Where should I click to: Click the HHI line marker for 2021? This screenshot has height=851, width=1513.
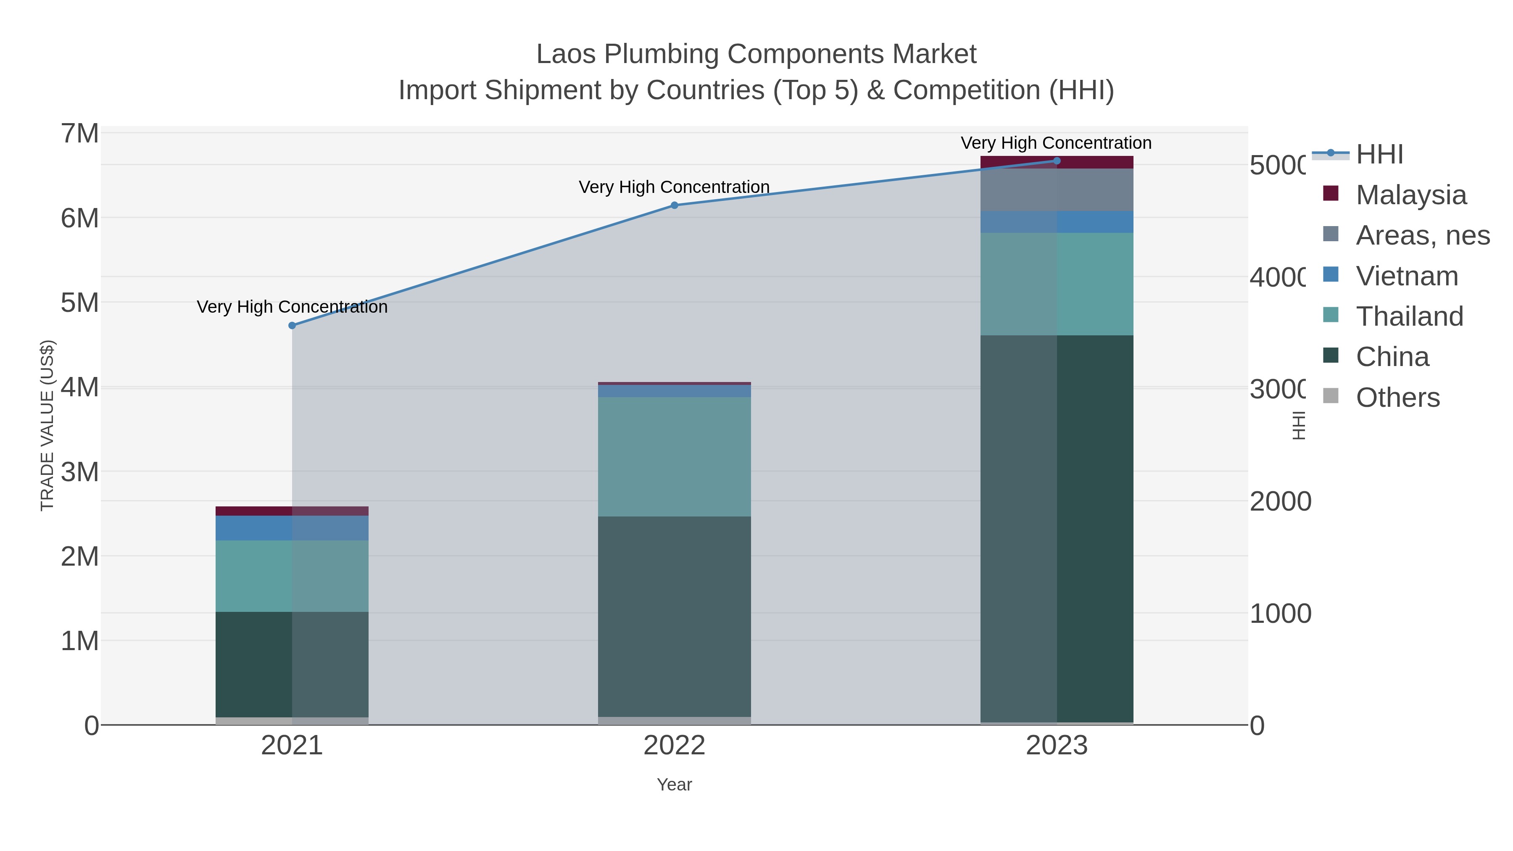point(292,325)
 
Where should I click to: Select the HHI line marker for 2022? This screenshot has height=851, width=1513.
point(674,205)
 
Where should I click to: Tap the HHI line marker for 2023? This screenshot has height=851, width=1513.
point(1057,161)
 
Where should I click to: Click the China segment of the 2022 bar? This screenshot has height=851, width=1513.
point(674,617)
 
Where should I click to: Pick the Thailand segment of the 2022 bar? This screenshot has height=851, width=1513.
point(674,457)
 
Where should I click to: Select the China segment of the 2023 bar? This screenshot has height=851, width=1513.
point(1057,529)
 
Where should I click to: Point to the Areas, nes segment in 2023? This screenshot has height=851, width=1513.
point(1057,190)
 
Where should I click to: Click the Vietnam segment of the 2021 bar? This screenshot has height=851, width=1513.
point(292,528)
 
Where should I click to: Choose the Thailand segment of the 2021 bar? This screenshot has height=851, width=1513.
point(292,576)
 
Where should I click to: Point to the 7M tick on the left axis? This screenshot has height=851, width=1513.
point(80,133)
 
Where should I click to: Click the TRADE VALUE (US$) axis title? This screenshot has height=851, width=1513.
point(47,425)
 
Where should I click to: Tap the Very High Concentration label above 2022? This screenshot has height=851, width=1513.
point(674,187)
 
